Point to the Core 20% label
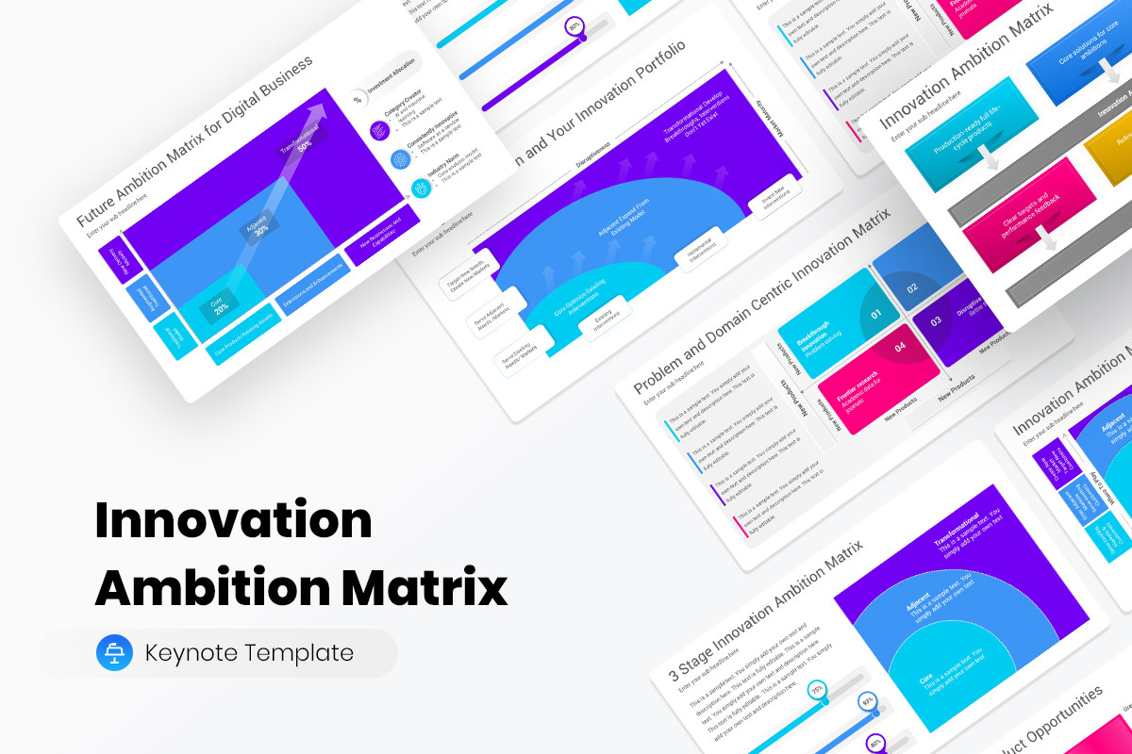pos(220,304)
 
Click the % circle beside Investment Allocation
pos(358,98)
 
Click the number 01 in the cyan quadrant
pos(876,314)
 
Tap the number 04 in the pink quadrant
pos(899,348)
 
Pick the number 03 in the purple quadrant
pos(936,321)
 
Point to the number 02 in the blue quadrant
pos(911,288)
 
